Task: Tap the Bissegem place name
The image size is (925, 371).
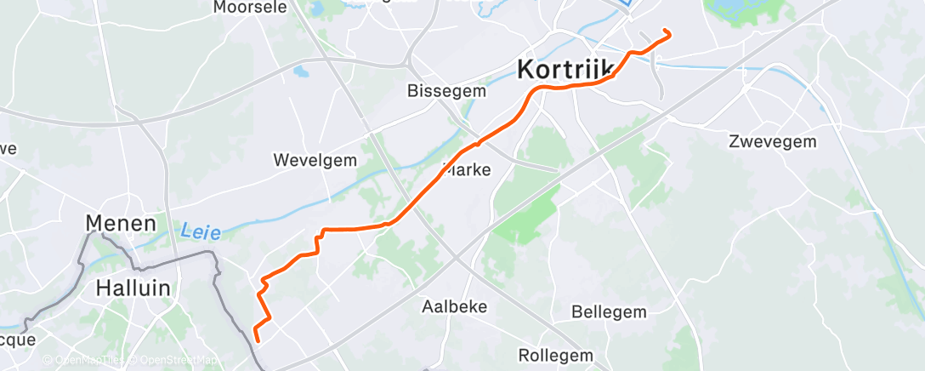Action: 446,90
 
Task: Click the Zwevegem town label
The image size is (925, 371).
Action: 772,142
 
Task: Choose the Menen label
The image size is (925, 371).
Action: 121,224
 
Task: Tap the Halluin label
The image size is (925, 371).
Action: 133,288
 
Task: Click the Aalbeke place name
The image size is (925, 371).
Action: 454,306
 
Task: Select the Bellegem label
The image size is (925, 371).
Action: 609,311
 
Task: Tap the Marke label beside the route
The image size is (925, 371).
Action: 468,169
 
